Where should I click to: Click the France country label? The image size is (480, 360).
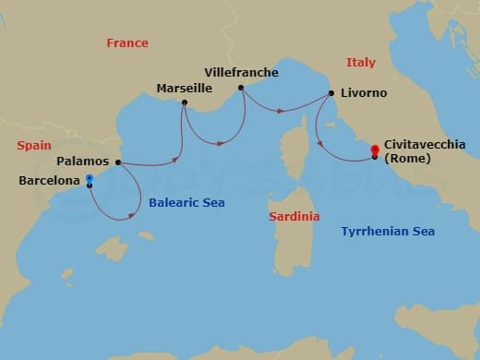tap(127, 43)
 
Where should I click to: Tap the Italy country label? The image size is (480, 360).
tap(360, 62)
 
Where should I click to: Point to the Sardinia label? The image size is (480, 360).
tap(294, 216)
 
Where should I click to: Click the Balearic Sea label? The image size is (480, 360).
tap(186, 202)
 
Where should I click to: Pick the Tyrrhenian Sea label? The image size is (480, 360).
tap(388, 231)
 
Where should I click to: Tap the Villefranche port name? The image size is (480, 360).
tap(240, 72)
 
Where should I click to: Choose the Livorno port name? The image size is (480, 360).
tap(363, 93)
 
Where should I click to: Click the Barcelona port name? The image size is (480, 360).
tap(49, 181)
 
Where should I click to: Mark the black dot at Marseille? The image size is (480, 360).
tap(185, 102)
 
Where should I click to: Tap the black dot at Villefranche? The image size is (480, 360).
tap(241, 88)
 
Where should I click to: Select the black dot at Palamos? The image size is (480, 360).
tap(118, 162)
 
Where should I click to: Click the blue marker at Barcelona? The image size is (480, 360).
tap(89, 179)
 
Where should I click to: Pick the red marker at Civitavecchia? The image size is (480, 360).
tap(374, 150)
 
